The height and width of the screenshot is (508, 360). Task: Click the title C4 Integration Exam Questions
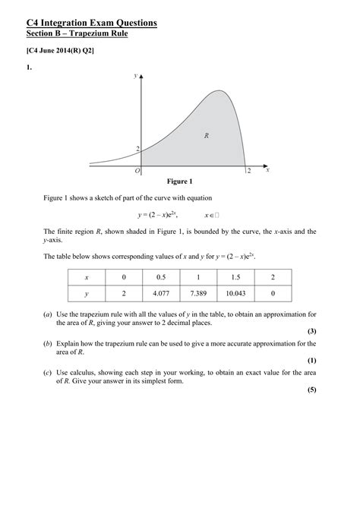pos(92,23)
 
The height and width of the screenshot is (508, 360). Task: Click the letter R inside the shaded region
pos(206,135)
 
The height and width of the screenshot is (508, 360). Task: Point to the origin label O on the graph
pos(137,171)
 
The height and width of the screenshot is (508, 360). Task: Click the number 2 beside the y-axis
pos(138,149)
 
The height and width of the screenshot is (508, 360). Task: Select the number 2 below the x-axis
pos(248,172)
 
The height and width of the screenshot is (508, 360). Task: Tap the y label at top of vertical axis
pos(135,76)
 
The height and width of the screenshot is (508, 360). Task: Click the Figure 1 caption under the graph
pos(180,181)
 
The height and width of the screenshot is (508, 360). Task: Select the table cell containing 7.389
pos(198,292)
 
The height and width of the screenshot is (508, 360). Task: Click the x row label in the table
pos(87,276)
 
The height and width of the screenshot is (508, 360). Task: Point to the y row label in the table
pos(87,292)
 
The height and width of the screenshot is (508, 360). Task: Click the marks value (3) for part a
pos(311,331)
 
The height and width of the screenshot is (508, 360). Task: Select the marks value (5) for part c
pos(311,390)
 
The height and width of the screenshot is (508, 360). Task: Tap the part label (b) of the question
pos(49,343)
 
